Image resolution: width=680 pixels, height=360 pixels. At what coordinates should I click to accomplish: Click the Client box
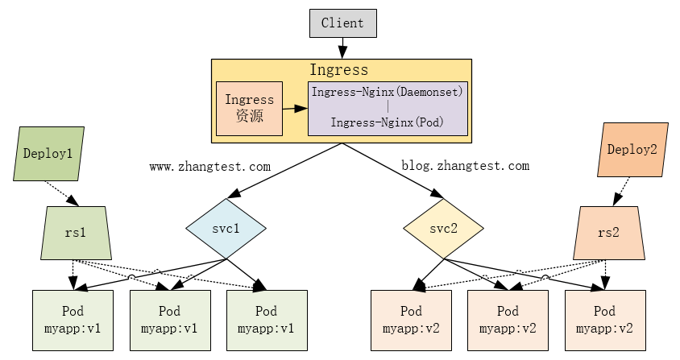(342, 23)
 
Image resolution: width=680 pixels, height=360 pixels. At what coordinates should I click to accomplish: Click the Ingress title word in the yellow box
(339, 70)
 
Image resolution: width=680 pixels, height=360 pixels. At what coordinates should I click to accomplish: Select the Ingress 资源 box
(249, 108)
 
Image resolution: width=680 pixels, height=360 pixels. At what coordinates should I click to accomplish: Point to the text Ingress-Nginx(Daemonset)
(388, 92)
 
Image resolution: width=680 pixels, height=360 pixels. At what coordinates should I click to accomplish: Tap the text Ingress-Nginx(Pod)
(388, 123)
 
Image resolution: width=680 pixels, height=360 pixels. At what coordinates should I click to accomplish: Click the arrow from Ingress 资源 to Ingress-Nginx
(295, 107)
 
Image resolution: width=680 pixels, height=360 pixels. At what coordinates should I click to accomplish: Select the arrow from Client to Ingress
(342, 48)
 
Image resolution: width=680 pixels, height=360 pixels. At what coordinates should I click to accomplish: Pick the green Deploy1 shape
(49, 153)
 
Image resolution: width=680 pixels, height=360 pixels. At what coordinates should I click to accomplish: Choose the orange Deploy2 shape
(632, 149)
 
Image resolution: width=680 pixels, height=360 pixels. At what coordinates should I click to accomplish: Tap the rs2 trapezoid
(610, 233)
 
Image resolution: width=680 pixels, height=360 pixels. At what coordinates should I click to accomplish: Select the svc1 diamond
(226, 229)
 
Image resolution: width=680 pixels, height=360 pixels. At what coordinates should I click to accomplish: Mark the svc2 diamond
(443, 229)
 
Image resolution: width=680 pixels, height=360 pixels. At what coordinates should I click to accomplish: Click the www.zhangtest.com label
(209, 167)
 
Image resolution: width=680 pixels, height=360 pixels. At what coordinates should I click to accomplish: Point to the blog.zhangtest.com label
(465, 166)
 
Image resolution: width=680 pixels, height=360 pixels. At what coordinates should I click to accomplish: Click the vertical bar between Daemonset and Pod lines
(388, 107)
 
